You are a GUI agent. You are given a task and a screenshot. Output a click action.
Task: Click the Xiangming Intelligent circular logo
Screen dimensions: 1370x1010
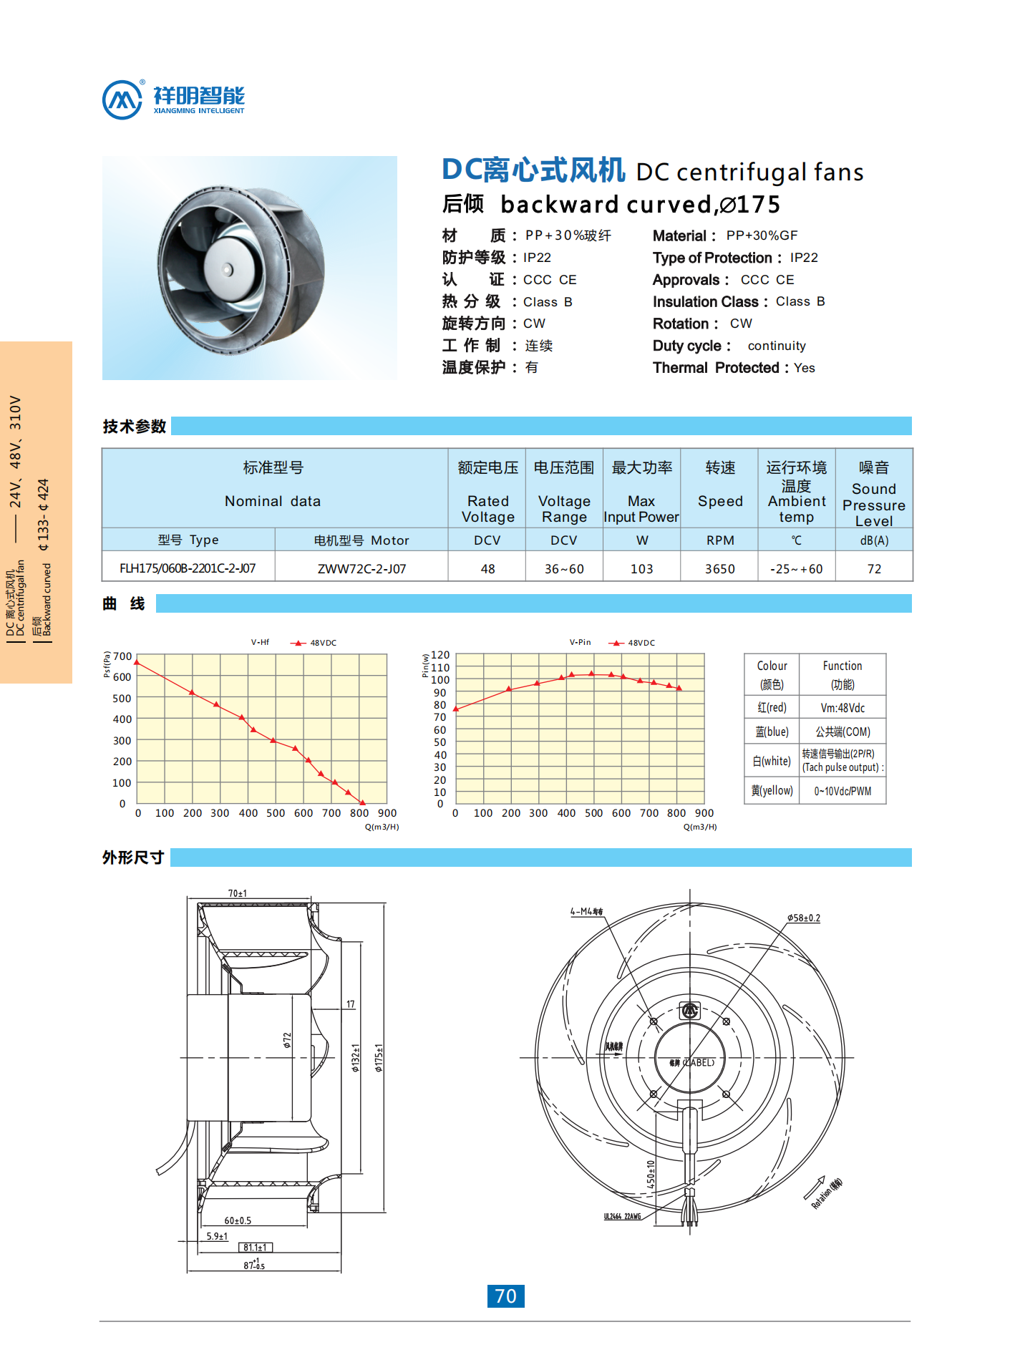click(x=122, y=99)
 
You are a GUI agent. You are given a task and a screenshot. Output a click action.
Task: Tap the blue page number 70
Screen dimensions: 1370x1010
click(x=505, y=1296)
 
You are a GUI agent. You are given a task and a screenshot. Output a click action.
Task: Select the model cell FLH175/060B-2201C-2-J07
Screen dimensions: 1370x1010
click(x=188, y=568)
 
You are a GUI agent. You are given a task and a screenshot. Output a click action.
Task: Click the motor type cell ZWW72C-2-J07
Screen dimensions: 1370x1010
click(x=361, y=569)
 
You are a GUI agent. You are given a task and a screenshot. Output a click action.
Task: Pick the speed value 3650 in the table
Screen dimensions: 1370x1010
click(x=719, y=569)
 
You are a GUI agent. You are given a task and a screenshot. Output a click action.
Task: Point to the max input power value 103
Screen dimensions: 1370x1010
click(x=641, y=569)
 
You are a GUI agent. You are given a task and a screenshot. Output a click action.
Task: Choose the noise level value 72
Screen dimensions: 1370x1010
click(x=874, y=569)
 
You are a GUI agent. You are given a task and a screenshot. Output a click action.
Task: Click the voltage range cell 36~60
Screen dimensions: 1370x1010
click(x=564, y=569)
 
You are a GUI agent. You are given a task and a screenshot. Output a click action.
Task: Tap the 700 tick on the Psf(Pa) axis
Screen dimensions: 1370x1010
click(x=122, y=656)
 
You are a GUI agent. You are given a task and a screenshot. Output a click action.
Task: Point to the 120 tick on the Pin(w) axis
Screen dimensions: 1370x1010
click(x=440, y=655)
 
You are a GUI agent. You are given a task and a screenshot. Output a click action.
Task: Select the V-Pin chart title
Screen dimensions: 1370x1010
click(x=580, y=642)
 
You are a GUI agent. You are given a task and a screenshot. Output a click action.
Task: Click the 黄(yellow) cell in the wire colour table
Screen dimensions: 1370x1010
click(x=772, y=791)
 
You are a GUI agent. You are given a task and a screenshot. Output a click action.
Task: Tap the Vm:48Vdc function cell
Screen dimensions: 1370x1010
click(x=843, y=708)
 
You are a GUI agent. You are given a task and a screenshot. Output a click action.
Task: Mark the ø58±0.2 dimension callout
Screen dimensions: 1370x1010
click(x=803, y=918)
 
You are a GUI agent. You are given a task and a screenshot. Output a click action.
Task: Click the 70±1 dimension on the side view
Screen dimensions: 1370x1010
click(x=238, y=893)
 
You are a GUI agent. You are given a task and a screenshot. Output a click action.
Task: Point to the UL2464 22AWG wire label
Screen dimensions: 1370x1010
click(x=622, y=1216)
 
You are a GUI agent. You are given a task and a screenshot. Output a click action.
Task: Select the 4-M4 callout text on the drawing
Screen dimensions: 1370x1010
click(x=586, y=911)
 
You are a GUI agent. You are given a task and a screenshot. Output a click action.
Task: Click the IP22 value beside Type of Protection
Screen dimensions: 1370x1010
click(x=804, y=258)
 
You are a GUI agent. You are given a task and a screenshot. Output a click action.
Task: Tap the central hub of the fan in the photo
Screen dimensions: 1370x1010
click(x=228, y=270)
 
